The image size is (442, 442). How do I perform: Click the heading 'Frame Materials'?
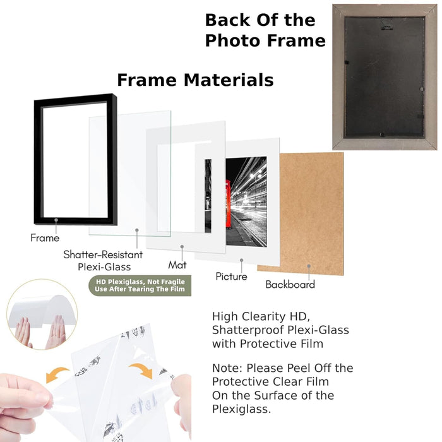[195, 80]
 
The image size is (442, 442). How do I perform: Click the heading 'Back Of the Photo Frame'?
[265, 30]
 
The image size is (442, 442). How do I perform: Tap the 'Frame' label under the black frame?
[45, 238]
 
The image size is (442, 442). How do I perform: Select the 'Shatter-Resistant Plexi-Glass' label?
[103, 260]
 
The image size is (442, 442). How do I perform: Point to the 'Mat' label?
[177, 265]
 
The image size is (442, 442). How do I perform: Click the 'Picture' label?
[231, 277]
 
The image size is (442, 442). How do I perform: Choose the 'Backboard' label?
[290, 284]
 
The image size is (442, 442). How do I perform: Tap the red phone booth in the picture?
[229, 203]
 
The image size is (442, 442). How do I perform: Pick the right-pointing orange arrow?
[141, 371]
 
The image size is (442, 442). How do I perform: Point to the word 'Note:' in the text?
[227, 368]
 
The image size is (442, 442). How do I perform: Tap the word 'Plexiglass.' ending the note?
[241, 409]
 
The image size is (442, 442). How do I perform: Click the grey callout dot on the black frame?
[56, 220]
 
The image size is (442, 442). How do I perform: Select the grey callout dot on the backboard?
[309, 266]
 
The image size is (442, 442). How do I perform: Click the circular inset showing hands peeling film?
[42, 314]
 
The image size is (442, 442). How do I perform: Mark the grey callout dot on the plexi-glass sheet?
[137, 230]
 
